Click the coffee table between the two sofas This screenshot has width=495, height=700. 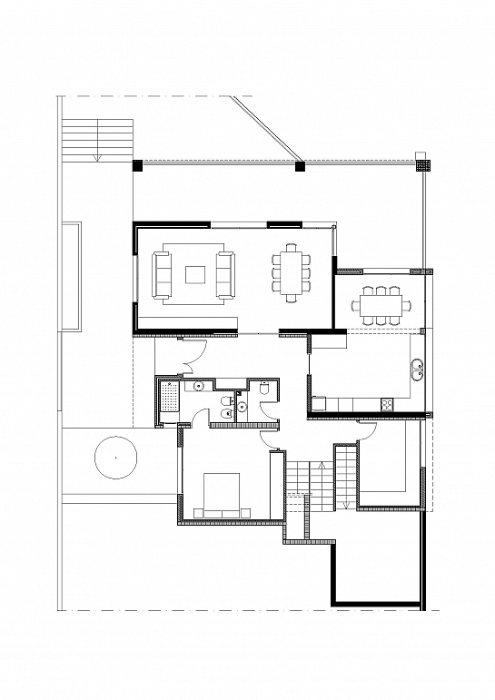(x=195, y=273)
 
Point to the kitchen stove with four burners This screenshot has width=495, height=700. (x=387, y=402)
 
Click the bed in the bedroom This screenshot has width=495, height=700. (x=221, y=496)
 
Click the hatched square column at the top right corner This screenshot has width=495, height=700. (x=421, y=165)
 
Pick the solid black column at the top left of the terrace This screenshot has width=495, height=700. (x=138, y=165)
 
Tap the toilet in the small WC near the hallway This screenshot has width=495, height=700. (x=264, y=389)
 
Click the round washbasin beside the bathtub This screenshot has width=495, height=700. (x=197, y=387)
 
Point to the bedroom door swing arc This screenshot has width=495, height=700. (x=270, y=439)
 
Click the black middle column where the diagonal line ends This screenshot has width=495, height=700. (x=300, y=165)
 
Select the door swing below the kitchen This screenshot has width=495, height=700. (x=368, y=431)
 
